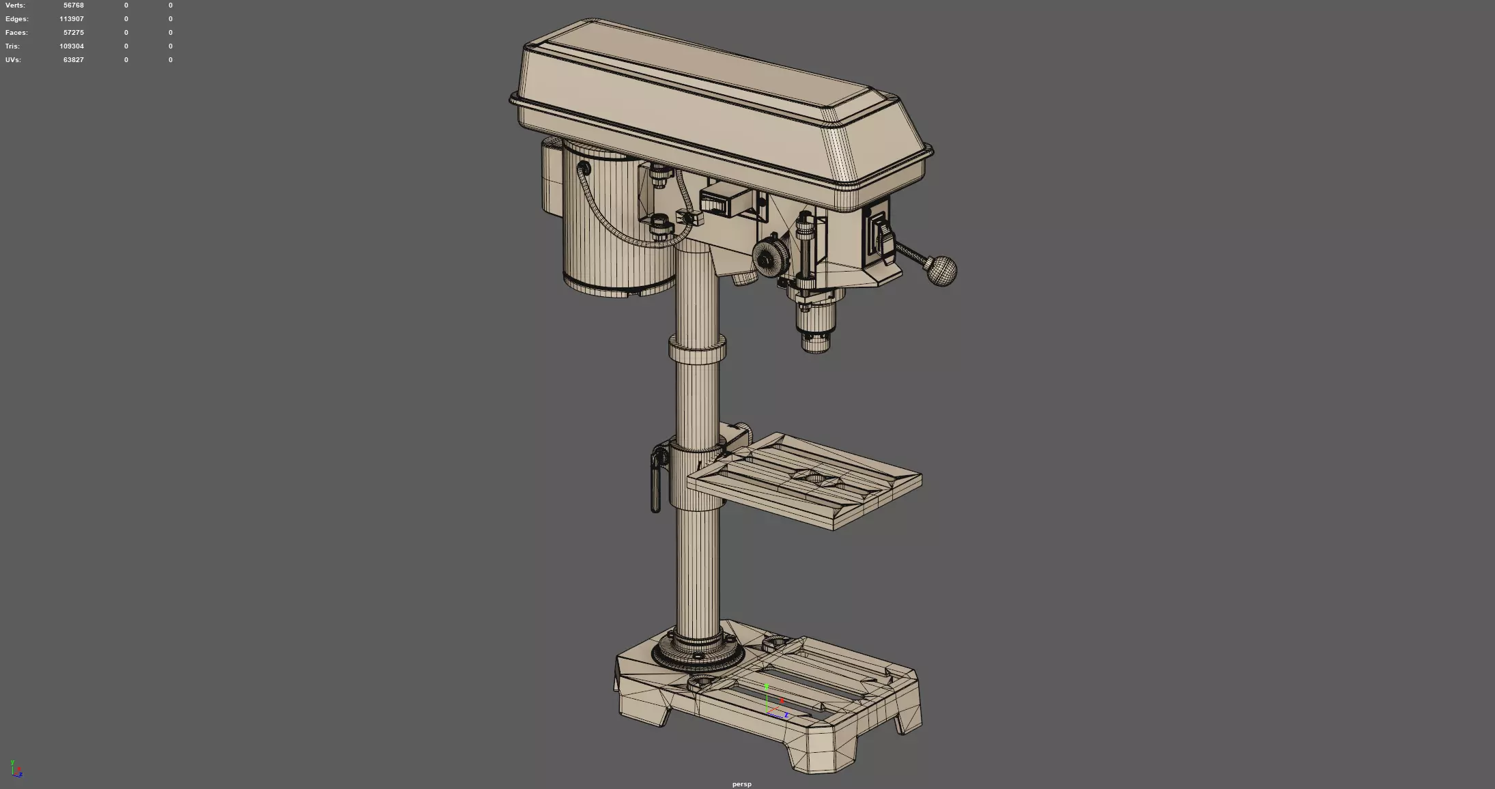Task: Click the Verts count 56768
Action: point(73,5)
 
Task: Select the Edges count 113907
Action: point(71,19)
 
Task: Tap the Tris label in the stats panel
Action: point(12,46)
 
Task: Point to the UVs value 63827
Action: point(73,60)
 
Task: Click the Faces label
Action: point(16,33)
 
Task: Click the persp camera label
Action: point(741,784)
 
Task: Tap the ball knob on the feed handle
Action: point(942,271)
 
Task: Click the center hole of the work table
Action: point(814,478)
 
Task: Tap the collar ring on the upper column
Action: point(696,351)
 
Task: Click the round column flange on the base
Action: point(698,653)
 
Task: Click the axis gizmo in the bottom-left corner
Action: point(16,769)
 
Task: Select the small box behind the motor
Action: point(552,175)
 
